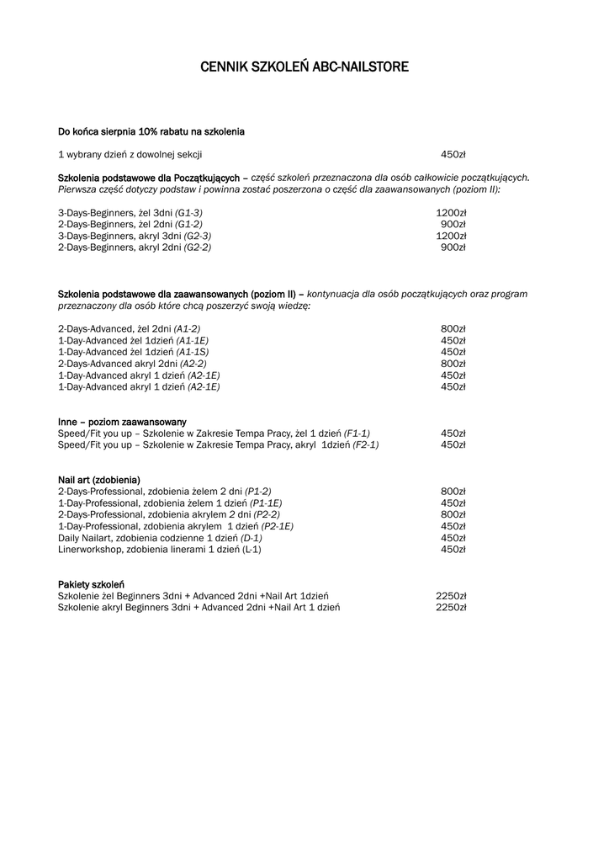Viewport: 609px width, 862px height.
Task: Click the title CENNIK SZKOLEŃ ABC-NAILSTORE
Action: [x=304, y=67]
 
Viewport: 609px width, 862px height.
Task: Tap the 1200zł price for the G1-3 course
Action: [x=451, y=213]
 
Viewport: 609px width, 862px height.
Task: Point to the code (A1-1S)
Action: [x=193, y=352]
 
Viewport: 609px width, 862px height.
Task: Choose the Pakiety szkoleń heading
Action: [x=92, y=584]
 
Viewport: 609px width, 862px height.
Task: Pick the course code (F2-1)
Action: [x=366, y=444]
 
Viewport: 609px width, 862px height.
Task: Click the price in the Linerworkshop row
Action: [x=453, y=550]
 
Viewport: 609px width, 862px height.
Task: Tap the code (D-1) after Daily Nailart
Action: [x=252, y=538]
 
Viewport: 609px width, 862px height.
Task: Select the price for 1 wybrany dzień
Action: [x=453, y=155]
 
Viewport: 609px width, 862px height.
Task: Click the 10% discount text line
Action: [x=151, y=131]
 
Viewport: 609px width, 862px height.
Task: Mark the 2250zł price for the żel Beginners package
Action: [x=451, y=596]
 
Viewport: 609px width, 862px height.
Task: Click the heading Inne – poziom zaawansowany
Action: [x=122, y=422]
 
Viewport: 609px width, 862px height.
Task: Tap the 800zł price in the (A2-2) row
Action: [x=453, y=364]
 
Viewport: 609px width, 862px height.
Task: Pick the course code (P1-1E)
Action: [x=266, y=503]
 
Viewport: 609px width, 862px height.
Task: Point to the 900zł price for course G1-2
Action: [x=453, y=225]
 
